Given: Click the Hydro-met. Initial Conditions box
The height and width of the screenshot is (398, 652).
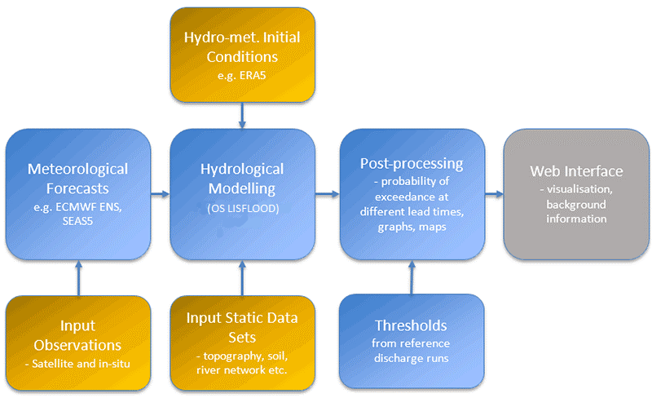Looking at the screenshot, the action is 242,55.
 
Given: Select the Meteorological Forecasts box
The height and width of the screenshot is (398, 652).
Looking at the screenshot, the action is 77,194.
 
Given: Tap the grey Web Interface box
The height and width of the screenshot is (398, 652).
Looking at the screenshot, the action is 576,194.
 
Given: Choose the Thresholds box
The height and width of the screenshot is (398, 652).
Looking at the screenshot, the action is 412,342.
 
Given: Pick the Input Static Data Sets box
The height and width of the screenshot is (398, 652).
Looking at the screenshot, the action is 242,343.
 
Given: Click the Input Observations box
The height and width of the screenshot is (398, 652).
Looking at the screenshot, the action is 77,343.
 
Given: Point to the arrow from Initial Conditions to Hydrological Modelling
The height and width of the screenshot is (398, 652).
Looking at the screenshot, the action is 242,115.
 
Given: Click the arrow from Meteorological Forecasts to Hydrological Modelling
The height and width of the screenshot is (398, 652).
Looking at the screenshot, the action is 160,193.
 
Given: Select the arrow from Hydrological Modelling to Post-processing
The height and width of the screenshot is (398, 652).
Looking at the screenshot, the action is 328,193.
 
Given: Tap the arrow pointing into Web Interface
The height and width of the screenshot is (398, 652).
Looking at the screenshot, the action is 494,193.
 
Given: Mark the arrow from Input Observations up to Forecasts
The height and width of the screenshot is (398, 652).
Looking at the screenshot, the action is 78,277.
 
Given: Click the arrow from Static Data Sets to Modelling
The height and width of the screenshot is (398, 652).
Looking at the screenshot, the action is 242,277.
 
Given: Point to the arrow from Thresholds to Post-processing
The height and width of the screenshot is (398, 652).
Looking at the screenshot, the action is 412,277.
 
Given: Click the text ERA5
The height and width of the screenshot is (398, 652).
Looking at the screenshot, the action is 253,75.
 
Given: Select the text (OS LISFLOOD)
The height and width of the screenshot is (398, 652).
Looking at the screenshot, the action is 243,208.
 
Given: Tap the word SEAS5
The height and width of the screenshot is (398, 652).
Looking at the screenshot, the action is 77,221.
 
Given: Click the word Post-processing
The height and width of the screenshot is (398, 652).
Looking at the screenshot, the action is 412,164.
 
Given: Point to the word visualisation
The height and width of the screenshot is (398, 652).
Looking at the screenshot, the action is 579,189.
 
